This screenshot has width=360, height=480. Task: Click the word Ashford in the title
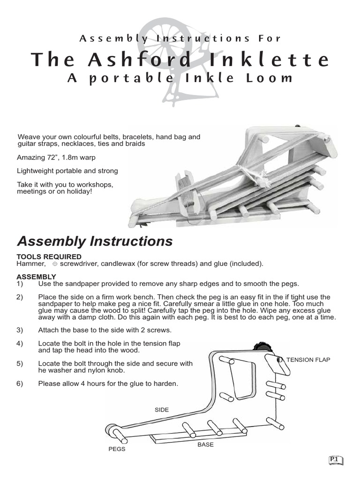pos(137,60)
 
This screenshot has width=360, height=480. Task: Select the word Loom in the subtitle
pos(272,78)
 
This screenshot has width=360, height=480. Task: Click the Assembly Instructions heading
pos(95,241)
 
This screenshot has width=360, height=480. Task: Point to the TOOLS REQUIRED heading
pos(49,257)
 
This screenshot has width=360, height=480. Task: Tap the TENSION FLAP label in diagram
pos(308,360)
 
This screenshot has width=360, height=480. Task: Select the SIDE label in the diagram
pos(162,410)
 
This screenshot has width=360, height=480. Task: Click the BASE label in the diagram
pos(205,444)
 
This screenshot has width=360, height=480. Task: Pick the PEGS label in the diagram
pos(117,449)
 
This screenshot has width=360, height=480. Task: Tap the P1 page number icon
pos(336,460)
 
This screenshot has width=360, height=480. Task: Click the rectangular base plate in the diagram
pos(197,438)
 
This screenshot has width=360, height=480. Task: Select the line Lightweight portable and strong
pos(67,171)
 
